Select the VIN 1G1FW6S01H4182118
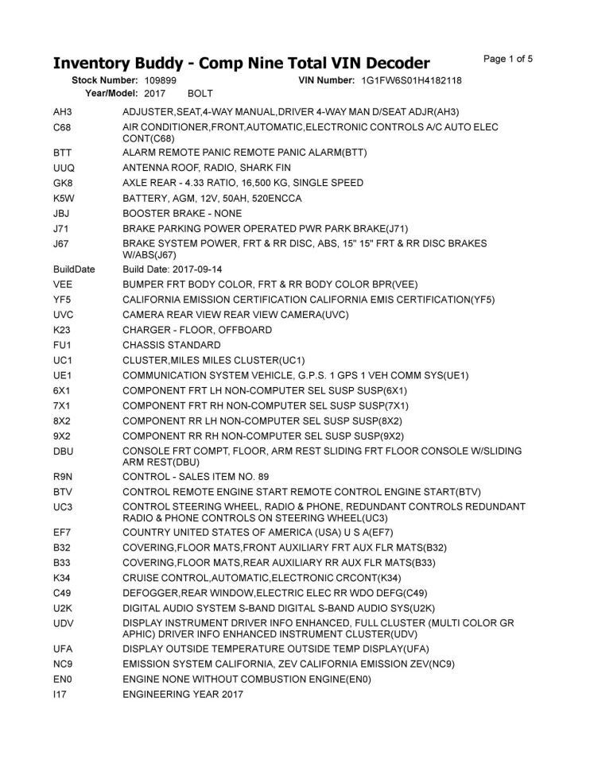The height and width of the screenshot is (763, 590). click(x=411, y=81)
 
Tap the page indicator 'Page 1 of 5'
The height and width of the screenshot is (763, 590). click(x=508, y=58)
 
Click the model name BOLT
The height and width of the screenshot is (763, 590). click(x=200, y=94)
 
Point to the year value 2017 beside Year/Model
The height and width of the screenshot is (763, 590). click(x=155, y=94)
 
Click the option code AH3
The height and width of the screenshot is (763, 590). click(x=63, y=112)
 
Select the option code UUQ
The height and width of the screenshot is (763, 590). click(x=64, y=168)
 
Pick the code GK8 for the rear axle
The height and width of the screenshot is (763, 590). click(x=64, y=183)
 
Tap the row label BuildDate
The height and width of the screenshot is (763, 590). click(x=73, y=269)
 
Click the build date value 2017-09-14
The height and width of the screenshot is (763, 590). click(x=198, y=269)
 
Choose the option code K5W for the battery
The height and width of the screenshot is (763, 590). click(x=64, y=198)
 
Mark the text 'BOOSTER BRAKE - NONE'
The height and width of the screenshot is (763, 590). click(x=182, y=214)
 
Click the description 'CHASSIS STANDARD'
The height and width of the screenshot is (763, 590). click(x=171, y=346)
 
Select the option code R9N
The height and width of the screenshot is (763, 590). click(x=64, y=475)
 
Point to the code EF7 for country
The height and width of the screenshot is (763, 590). click(x=63, y=532)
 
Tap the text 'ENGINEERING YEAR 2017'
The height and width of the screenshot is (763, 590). click(x=183, y=695)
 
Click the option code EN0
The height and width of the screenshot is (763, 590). click(x=63, y=680)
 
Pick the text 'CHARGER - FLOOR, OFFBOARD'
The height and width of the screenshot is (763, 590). click(x=196, y=331)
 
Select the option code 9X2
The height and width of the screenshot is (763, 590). click(x=63, y=436)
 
